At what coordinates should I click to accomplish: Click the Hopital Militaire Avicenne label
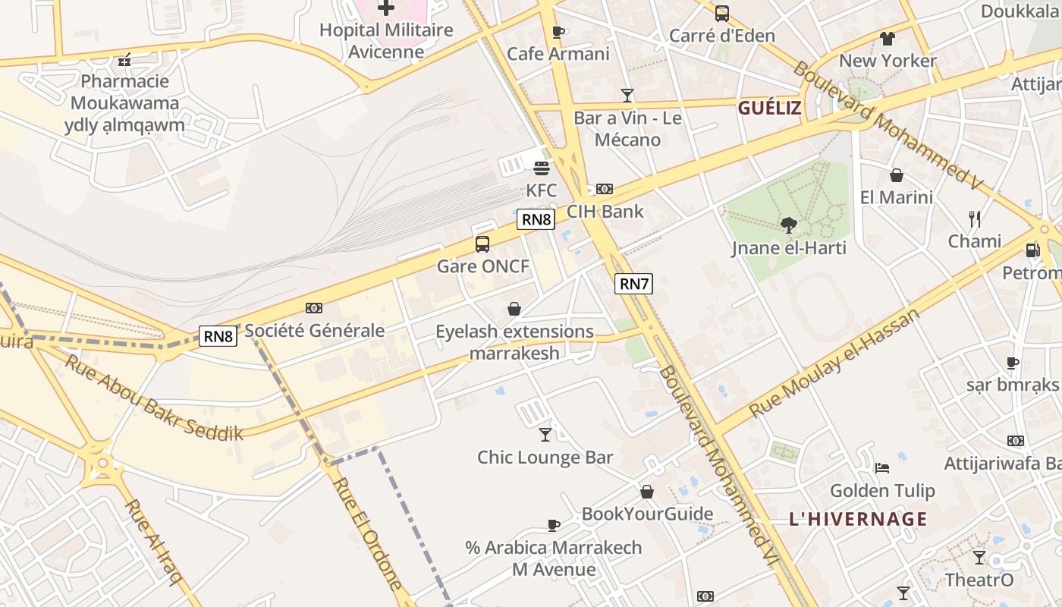[x=386, y=41]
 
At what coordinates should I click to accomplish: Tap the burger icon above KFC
[x=542, y=168]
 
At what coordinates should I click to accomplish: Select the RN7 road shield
[x=633, y=284]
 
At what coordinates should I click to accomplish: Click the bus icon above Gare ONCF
[x=482, y=244]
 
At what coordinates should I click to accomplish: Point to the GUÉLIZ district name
[x=769, y=108]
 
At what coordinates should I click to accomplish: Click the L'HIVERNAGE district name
[x=858, y=519]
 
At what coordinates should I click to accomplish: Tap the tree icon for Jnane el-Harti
[x=789, y=225]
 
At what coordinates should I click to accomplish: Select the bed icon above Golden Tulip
[x=881, y=467]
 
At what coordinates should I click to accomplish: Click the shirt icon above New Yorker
[x=888, y=38]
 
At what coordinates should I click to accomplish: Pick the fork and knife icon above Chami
[x=975, y=219]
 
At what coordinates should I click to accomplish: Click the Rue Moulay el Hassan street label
[x=834, y=362]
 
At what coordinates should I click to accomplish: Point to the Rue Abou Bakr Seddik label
[x=154, y=396]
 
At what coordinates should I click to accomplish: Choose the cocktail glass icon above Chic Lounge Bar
[x=545, y=434]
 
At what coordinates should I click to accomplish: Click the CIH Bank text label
[x=605, y=211]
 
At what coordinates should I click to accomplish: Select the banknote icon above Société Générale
[x=314, y=307]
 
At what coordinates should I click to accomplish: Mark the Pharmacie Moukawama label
[x=124, y=102]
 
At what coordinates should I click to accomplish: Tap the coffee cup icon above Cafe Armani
[x=558, y=32]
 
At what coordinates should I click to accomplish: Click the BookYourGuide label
[x=647, y=514]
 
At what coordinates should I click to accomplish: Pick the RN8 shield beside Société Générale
[x=218, y=335]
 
